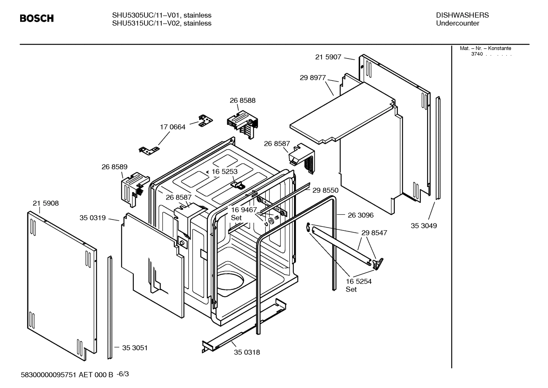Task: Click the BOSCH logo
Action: click(x=36, y=18)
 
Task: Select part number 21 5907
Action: click(x=328, y=57)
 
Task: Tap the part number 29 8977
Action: click(x=312, y=78)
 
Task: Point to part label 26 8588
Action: click(x=242, y=101)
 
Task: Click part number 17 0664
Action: click(x=173, y=127)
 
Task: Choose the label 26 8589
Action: click(x=114, y=167)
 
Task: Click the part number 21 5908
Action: click(x=46, y=203)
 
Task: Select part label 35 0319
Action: click(x=92, y=218)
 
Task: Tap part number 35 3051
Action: click(x=135, y=348)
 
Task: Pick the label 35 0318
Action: click(x=247, y=352)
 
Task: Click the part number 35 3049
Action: click(x=424, y=226)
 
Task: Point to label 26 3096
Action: click(x=360, y=215)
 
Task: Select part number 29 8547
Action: click(x=374, y=233)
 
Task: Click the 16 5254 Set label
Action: click(x=358, y=285)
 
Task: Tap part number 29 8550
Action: click(x=325, y=190)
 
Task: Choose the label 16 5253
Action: click(x=224, y=172)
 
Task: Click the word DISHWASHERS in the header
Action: click(x=462, y=15)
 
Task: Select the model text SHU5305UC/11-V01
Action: click(x=146, y=15)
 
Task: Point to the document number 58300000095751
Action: click(x=49, y=375)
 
